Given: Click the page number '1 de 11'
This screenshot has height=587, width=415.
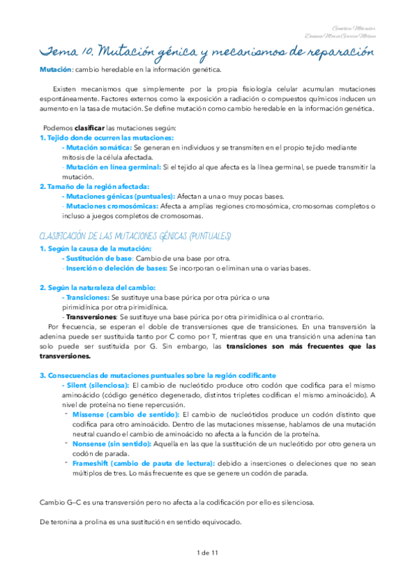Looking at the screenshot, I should click(x=207, y=552).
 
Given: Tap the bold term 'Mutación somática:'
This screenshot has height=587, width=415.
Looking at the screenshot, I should click(x=96, y=147).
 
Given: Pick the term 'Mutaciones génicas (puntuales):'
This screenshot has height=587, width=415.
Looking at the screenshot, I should click(x=118, y=196).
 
